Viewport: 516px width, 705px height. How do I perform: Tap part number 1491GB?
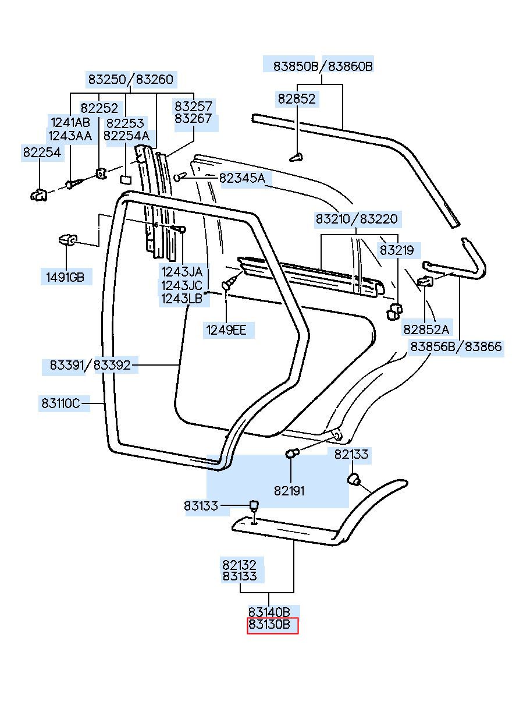tap(65, 277)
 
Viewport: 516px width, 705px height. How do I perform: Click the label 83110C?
tap(61, 403)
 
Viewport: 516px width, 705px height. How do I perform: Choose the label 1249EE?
tap(226, 330)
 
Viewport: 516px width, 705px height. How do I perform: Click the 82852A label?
tap(426, 330)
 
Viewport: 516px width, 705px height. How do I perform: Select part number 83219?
tap(397, 250)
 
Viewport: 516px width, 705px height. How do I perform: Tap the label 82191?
tap(289, 491)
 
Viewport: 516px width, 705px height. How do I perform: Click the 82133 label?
tap(351, 454)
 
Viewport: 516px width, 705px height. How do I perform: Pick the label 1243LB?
tap(182, 299)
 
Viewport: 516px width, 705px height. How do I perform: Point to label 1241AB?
tap(70, 122)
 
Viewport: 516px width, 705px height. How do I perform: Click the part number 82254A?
tap(126, 136)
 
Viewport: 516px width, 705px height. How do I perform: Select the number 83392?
tap(112, 365)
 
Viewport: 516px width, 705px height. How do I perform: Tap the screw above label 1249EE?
tap(230, 282)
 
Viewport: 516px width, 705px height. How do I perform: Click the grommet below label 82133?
tap(354, 479)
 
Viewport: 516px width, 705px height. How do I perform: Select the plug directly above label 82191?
tap(292, 454)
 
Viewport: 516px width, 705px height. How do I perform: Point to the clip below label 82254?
tap(39, 195)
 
